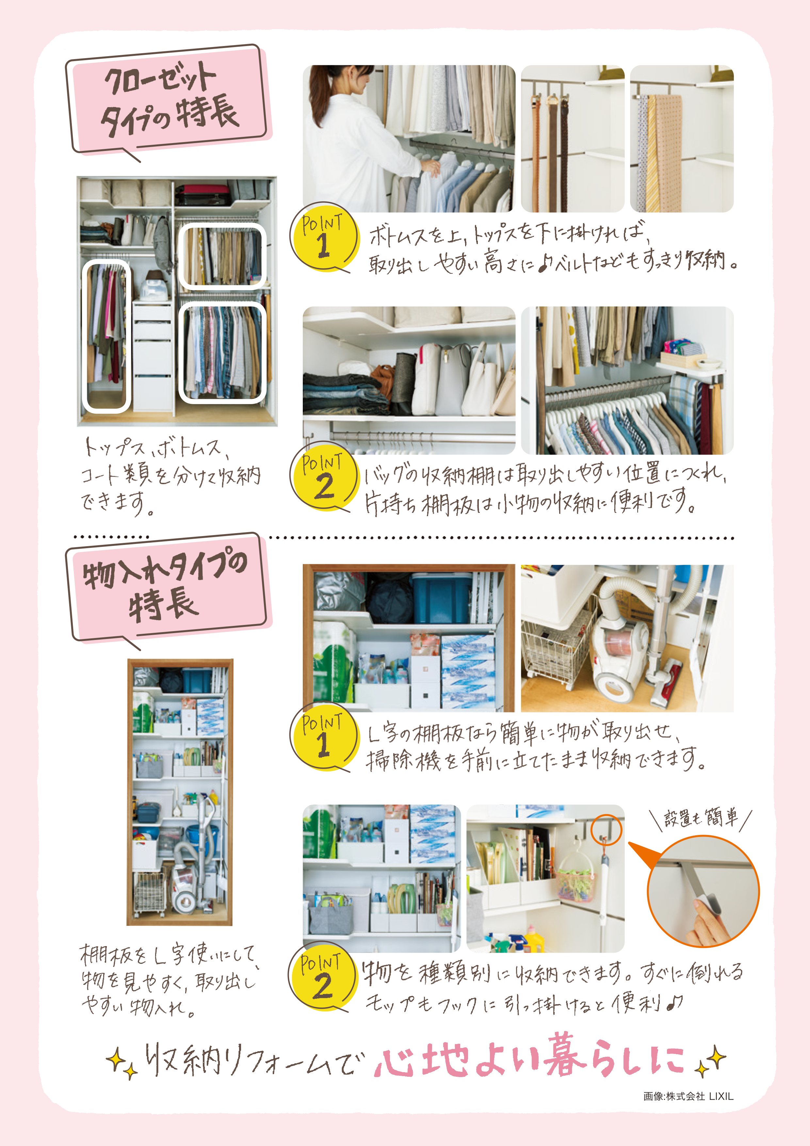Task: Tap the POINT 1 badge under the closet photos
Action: coord(323,238)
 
